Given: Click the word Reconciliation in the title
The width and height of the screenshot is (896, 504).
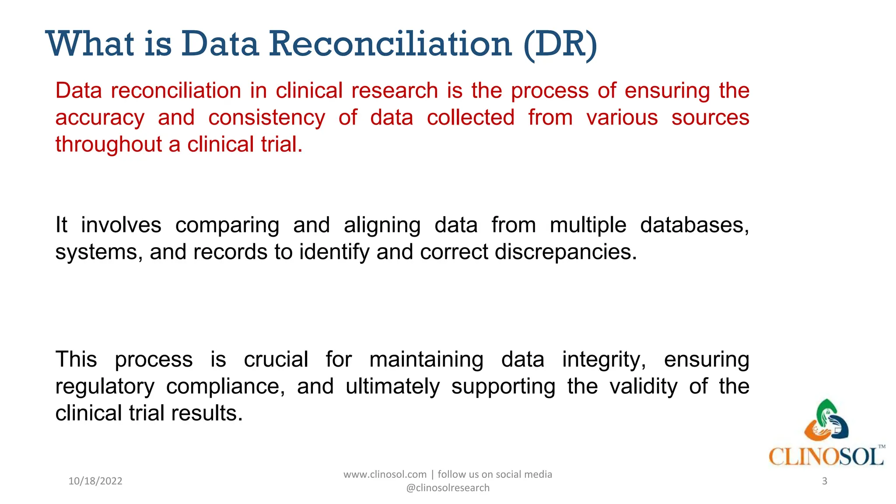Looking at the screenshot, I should [x=390, y=44].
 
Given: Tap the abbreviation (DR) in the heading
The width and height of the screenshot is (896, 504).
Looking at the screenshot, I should [x=560, y=44].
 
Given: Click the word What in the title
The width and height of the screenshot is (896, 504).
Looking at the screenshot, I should [x=90, y=44].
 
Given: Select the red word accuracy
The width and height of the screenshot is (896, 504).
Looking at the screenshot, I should [x=100, y=118].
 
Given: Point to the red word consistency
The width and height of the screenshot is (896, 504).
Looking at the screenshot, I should [x=266, y=118].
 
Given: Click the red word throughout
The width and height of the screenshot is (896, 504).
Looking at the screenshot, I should [x=108, y=145].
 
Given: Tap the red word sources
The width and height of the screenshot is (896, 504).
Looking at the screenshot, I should [x=710, y=118].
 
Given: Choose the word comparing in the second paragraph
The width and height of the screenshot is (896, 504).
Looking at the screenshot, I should [x=227, y=226].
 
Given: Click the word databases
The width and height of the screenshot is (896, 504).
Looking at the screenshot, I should [x=694, y=226].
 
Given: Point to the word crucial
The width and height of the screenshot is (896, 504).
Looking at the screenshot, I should [x=276, y=360].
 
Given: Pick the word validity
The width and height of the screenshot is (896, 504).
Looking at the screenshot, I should [x=643, y=387].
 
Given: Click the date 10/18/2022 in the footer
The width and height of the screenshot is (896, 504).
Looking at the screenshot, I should [x=95, y=481].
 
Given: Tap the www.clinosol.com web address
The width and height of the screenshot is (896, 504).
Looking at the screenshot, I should [x=385, y=475].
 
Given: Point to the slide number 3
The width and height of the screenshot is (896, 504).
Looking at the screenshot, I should [x=824, y=481].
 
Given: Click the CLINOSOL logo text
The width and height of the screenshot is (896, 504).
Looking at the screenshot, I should [x=826, y=457].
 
